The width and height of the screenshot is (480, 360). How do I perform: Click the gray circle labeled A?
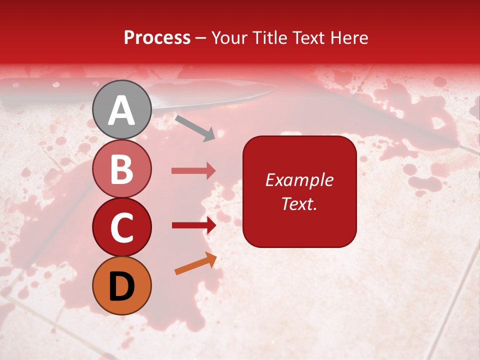[121, 109]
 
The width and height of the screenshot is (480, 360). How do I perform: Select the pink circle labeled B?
[121, 168]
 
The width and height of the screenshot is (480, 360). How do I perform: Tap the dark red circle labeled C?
[121, 226]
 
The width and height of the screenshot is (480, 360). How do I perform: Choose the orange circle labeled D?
[121, 285]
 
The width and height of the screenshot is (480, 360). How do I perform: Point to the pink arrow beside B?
[193, 171]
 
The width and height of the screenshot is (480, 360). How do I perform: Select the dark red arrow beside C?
[193, 225]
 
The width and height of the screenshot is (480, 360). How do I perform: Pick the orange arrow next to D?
[195, 263]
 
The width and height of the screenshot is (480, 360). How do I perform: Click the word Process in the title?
[157, 37]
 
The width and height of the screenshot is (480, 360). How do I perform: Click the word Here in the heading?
[349, 37]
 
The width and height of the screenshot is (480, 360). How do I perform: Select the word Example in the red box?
[299, 180]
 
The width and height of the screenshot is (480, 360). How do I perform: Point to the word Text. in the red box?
[299, 203]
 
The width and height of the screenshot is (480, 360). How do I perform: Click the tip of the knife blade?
[276, 88]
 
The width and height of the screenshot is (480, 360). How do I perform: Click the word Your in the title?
[229, 37]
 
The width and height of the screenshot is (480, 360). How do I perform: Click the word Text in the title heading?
[308, 37]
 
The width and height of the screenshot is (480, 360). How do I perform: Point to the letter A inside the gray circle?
[121, 110]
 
